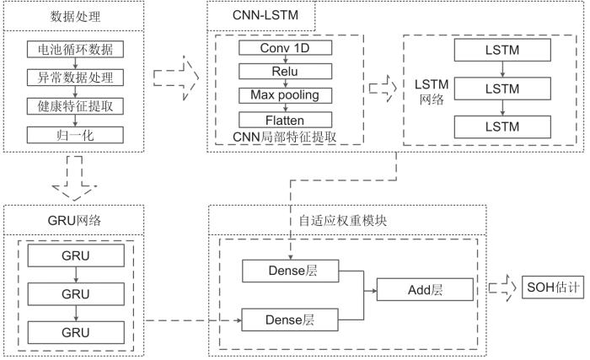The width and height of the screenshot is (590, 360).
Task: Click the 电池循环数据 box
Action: click(x=76, y=50)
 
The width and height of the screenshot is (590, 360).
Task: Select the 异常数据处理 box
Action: click(x=76, y=78)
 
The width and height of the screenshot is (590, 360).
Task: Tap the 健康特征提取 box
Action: click(x=76, y=106)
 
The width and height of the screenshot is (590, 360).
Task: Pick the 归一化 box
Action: click(x=76, y=135)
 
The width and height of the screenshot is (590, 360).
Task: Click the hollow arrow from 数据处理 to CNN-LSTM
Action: click(x=176, y=82)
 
